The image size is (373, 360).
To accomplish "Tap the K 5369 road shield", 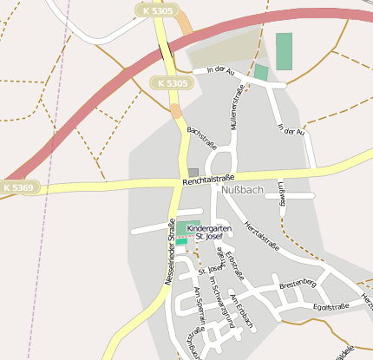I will [x=18, y=187].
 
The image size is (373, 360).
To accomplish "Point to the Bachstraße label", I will [x=201, y=139].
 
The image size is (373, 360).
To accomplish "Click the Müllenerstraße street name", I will [x=234, y=111].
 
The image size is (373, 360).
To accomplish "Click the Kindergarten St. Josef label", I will [x=211, y=232].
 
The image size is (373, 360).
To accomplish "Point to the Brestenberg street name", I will [x=298, y=284].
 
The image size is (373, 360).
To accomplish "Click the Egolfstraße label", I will [x=330, y=306].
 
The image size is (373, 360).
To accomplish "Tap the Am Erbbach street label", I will [x=242, y=307].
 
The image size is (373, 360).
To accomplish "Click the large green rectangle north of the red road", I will [x=284, y=51].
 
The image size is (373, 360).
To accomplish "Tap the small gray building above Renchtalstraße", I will [x=193, y=172].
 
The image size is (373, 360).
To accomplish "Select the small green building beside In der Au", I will [x=261, y=72].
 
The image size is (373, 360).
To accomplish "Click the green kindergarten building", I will [x=181, y=233].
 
